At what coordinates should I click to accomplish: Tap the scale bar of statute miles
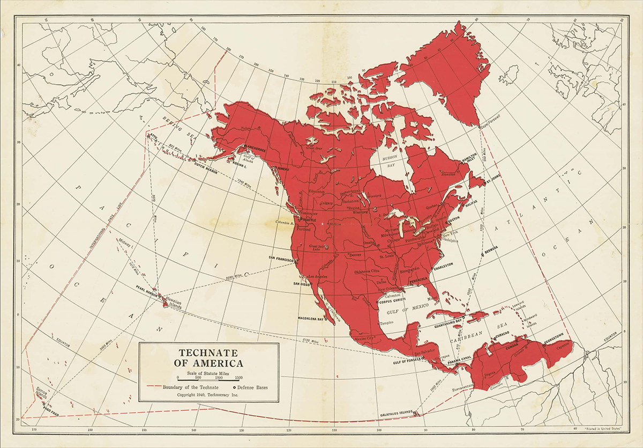coord(208,378)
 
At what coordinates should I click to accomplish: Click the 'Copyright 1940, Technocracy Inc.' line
coord(208,394)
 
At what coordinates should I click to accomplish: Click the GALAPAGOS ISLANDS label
coord(395,412)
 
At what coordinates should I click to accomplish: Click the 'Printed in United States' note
coord(602,430)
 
